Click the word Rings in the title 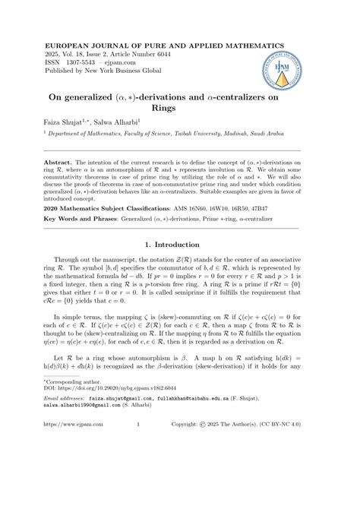(179, 107)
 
